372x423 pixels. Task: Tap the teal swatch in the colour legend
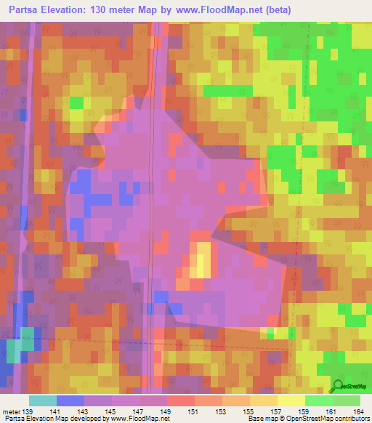43,400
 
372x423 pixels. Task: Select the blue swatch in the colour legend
70,400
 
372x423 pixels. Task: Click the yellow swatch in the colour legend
291,400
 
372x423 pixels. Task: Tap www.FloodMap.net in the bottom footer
137,419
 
